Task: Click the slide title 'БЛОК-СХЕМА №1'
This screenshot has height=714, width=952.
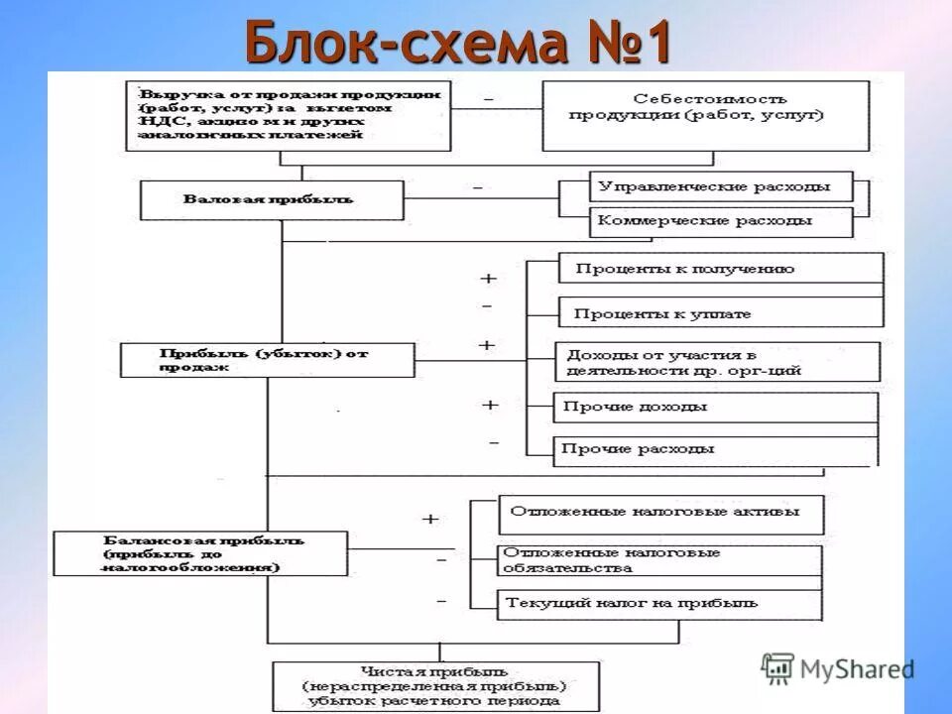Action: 458,43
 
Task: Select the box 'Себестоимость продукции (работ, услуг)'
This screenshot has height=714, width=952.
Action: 696,115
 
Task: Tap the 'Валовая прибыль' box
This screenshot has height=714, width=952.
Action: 272,200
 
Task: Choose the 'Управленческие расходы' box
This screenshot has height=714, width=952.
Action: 721,186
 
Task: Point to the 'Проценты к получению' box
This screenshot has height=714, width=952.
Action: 720,269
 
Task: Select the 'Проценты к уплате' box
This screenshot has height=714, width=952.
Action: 720,313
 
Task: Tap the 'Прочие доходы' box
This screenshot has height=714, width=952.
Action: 716,408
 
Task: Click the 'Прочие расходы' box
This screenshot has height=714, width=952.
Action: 716,449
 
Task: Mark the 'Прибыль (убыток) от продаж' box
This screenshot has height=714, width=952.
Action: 268,360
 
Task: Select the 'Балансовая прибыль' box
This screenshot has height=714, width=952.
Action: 201,553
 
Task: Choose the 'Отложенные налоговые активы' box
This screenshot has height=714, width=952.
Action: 660,514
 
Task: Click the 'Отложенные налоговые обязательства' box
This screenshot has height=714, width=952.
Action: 660,560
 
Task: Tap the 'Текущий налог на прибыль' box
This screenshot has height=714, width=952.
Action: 660,602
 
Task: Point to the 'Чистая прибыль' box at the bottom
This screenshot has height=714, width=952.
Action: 436,685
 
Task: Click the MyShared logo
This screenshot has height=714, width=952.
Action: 838,667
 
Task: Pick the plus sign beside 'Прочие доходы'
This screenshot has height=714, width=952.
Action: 489,405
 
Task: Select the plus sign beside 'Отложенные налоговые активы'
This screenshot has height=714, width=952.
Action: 430,519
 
